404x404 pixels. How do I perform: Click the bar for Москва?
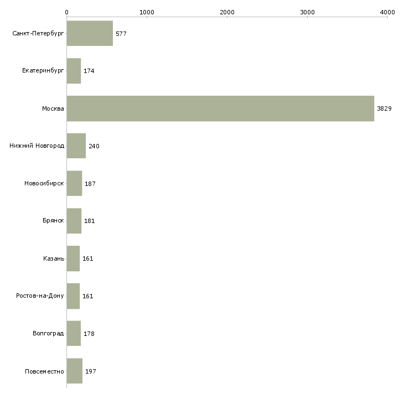[220, 108]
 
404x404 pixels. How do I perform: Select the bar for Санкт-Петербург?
[90, 34]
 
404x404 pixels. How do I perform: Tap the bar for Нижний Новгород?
[76, 146]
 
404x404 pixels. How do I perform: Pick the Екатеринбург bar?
[74, 71]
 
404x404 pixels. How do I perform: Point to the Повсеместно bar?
[75, 371]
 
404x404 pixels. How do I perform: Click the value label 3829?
[384, 108]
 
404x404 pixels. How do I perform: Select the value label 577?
[121, 34]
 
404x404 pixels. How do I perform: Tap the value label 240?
[94, 146]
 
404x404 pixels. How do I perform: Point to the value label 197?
[91, 371]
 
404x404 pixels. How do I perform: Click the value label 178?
[89, 334]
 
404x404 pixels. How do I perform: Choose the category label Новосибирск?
[44, 183]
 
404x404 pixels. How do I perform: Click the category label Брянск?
[53, 221]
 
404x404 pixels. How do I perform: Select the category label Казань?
[54, 258]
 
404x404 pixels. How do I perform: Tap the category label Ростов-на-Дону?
[40, 296]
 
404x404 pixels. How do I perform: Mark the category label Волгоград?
[48, 333]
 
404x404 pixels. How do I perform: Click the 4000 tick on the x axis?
[387, 12]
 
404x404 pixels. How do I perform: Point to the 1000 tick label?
[147, 12]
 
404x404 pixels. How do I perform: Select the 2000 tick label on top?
[227, 12]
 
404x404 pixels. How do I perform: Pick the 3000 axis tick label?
[307, 12]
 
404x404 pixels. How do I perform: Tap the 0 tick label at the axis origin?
[66, 12]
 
